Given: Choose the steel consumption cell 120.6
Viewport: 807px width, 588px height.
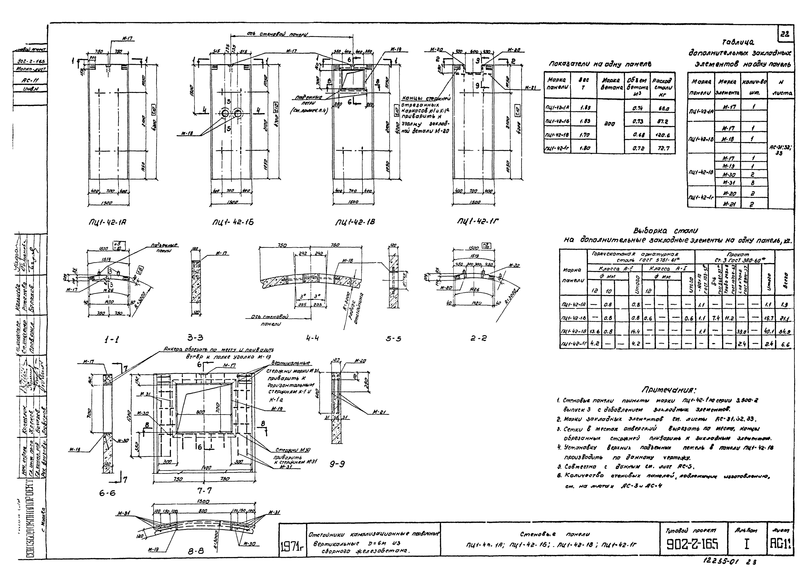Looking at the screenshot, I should point(663,135).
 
